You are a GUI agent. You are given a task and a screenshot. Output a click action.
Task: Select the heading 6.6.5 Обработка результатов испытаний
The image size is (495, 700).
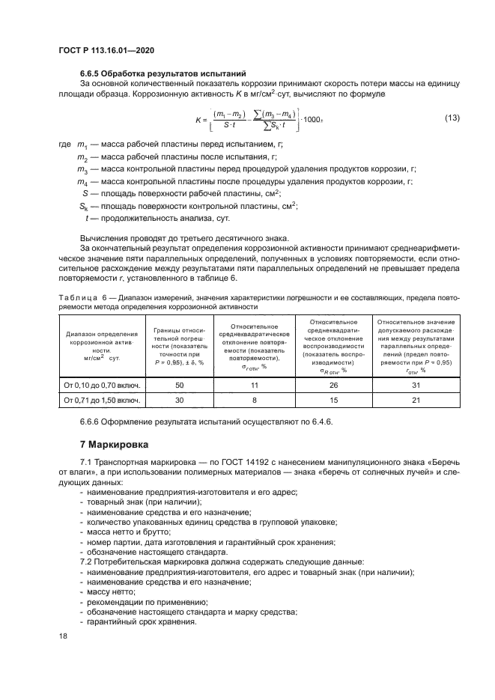[x=163, y=73]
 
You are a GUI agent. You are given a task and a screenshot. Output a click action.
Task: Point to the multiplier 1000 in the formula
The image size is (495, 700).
[x=314, y=120]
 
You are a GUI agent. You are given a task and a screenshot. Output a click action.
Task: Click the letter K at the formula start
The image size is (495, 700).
[x=198, y=120]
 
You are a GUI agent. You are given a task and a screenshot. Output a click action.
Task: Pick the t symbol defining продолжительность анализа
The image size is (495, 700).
[x=88, y=219]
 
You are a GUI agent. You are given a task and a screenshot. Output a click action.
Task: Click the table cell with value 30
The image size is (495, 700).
[x=180, y=400]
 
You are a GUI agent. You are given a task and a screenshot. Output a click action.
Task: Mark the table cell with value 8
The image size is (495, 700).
[x=254, y=400]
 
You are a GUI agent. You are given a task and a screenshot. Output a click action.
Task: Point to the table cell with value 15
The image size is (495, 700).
[x=333, y=400]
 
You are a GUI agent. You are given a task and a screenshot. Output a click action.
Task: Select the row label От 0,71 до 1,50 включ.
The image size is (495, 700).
[x=103, y=400]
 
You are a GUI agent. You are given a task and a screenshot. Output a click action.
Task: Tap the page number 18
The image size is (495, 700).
[x=63, y=635]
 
